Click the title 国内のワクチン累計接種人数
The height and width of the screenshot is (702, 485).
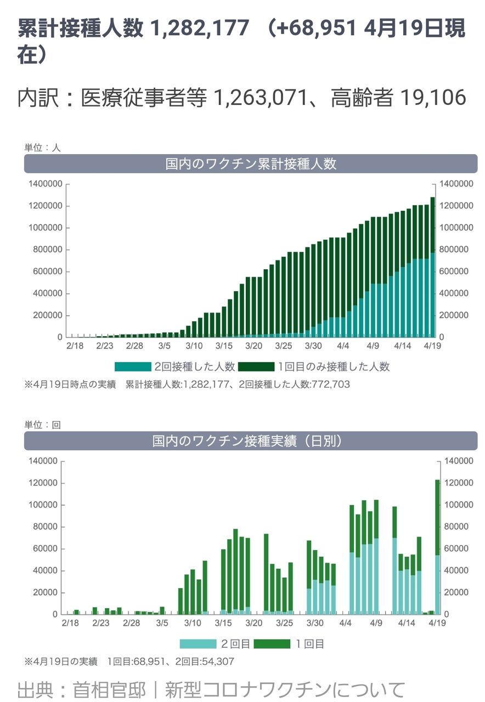tap(251, 163)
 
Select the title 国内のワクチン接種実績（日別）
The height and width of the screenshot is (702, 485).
tap(251, 441)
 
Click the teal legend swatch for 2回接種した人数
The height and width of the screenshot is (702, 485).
tap(132, 366)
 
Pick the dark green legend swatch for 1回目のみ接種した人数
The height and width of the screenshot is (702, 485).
tap(256, 366)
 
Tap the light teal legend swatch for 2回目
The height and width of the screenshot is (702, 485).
tap(198, 644)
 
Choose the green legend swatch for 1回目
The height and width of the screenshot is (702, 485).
tap(272, 644)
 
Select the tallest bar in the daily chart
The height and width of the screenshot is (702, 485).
tap(438, 548)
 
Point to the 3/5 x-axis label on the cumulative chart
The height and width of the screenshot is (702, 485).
tap(165, 346)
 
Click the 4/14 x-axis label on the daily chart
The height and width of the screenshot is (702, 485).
tap(407, 624)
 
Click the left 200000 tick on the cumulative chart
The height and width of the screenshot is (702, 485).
tap(45, 315)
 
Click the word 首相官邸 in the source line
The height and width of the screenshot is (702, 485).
tap(109, 689)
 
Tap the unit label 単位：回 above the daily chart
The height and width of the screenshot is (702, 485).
tap(42, 424)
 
